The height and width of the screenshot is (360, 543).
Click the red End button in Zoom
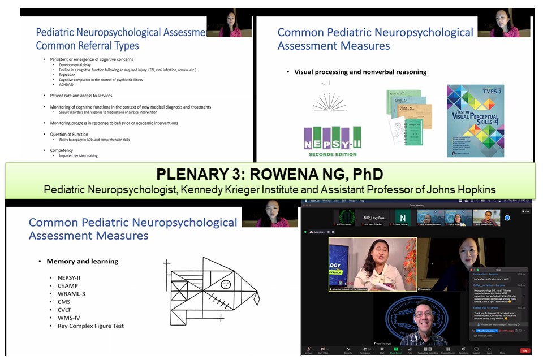click(x=524, y=350)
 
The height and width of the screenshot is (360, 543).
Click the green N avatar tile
click(x=402, y=218)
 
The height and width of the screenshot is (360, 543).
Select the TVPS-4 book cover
click(x=475, y=120)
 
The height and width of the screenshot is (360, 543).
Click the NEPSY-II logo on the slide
click(x=332, y=141)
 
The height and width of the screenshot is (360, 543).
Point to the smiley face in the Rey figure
click(x=225, y=284)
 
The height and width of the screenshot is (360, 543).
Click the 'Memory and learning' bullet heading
click(x=82, y=261)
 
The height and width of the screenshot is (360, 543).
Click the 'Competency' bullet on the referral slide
click(x=62, y=150)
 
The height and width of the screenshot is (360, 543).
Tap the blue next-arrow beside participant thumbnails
click(x=507, y=218)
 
